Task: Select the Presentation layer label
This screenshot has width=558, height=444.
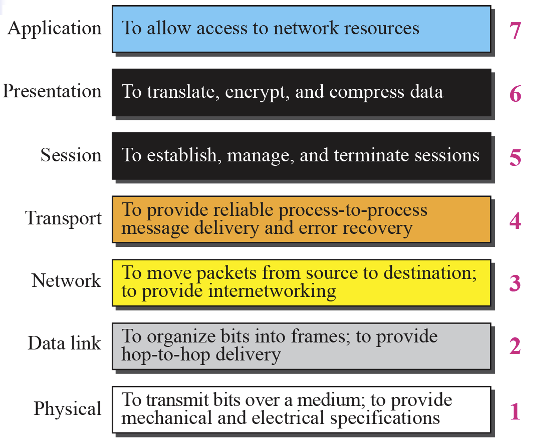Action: coord(52,91)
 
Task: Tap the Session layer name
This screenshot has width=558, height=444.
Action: coord(71,155)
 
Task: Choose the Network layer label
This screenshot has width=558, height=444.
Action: coord(66,281)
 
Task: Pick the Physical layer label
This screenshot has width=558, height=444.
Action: coord(67,409)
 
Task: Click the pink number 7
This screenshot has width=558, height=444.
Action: coord(515,31)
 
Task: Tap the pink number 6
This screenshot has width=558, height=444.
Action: coord(515,94)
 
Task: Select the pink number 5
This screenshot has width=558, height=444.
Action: coord(515,157)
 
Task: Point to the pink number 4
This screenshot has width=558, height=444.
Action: coord(515,221)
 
